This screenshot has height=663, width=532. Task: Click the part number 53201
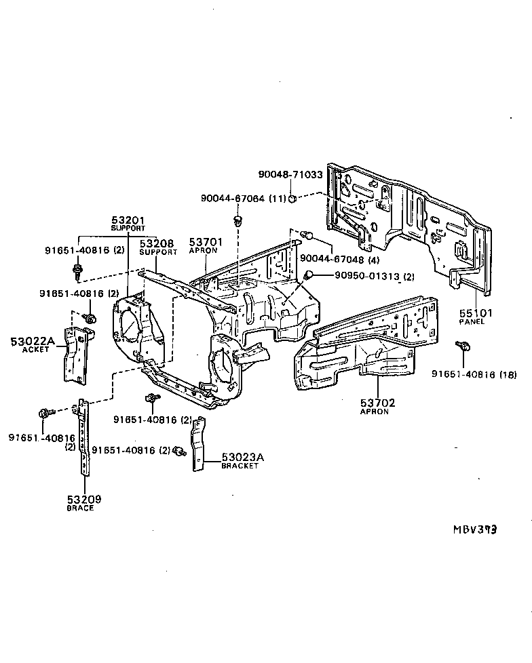click(x=128, y=220)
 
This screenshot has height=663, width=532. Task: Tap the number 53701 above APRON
click(x=206, y=241)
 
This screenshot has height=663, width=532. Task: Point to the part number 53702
click(x=378, y=403)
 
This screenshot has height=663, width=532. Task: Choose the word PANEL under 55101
click(x=471, y=321)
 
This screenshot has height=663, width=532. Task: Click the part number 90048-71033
click(x=290, y=174)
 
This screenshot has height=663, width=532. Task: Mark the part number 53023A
click(x=242, y=458)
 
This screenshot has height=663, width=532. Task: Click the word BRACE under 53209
click(x=80, y=508)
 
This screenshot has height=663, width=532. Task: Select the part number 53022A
click(x=32, y=341)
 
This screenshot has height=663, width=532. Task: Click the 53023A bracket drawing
click(x=197, y=444)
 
